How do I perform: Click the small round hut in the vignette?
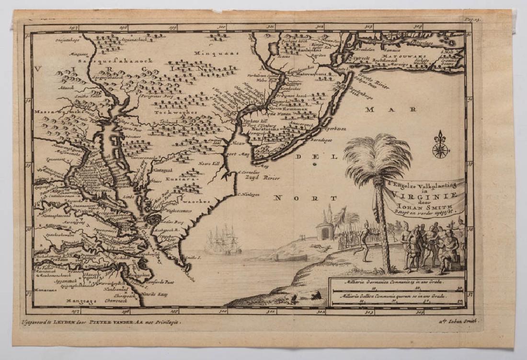point(326,230)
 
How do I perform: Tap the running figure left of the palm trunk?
point(366,240)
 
